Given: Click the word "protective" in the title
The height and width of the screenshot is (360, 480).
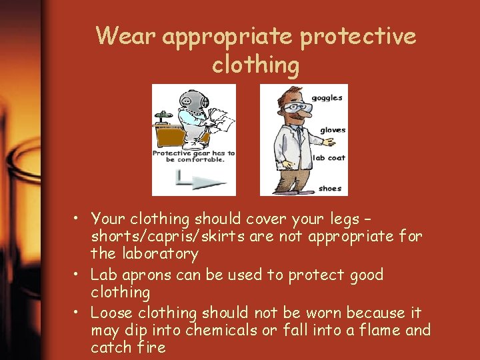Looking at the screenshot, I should pos(358,37).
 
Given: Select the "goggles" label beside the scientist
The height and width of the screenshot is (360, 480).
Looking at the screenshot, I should pos(327,97).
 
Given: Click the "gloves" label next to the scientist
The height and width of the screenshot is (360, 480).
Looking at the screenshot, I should pos(333,130).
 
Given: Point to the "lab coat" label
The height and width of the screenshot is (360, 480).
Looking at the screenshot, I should pos(329,158).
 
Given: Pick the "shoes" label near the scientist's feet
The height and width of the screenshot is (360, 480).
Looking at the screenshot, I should pos(330,189).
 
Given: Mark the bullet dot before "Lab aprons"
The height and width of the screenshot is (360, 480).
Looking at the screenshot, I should pos(77,274).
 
